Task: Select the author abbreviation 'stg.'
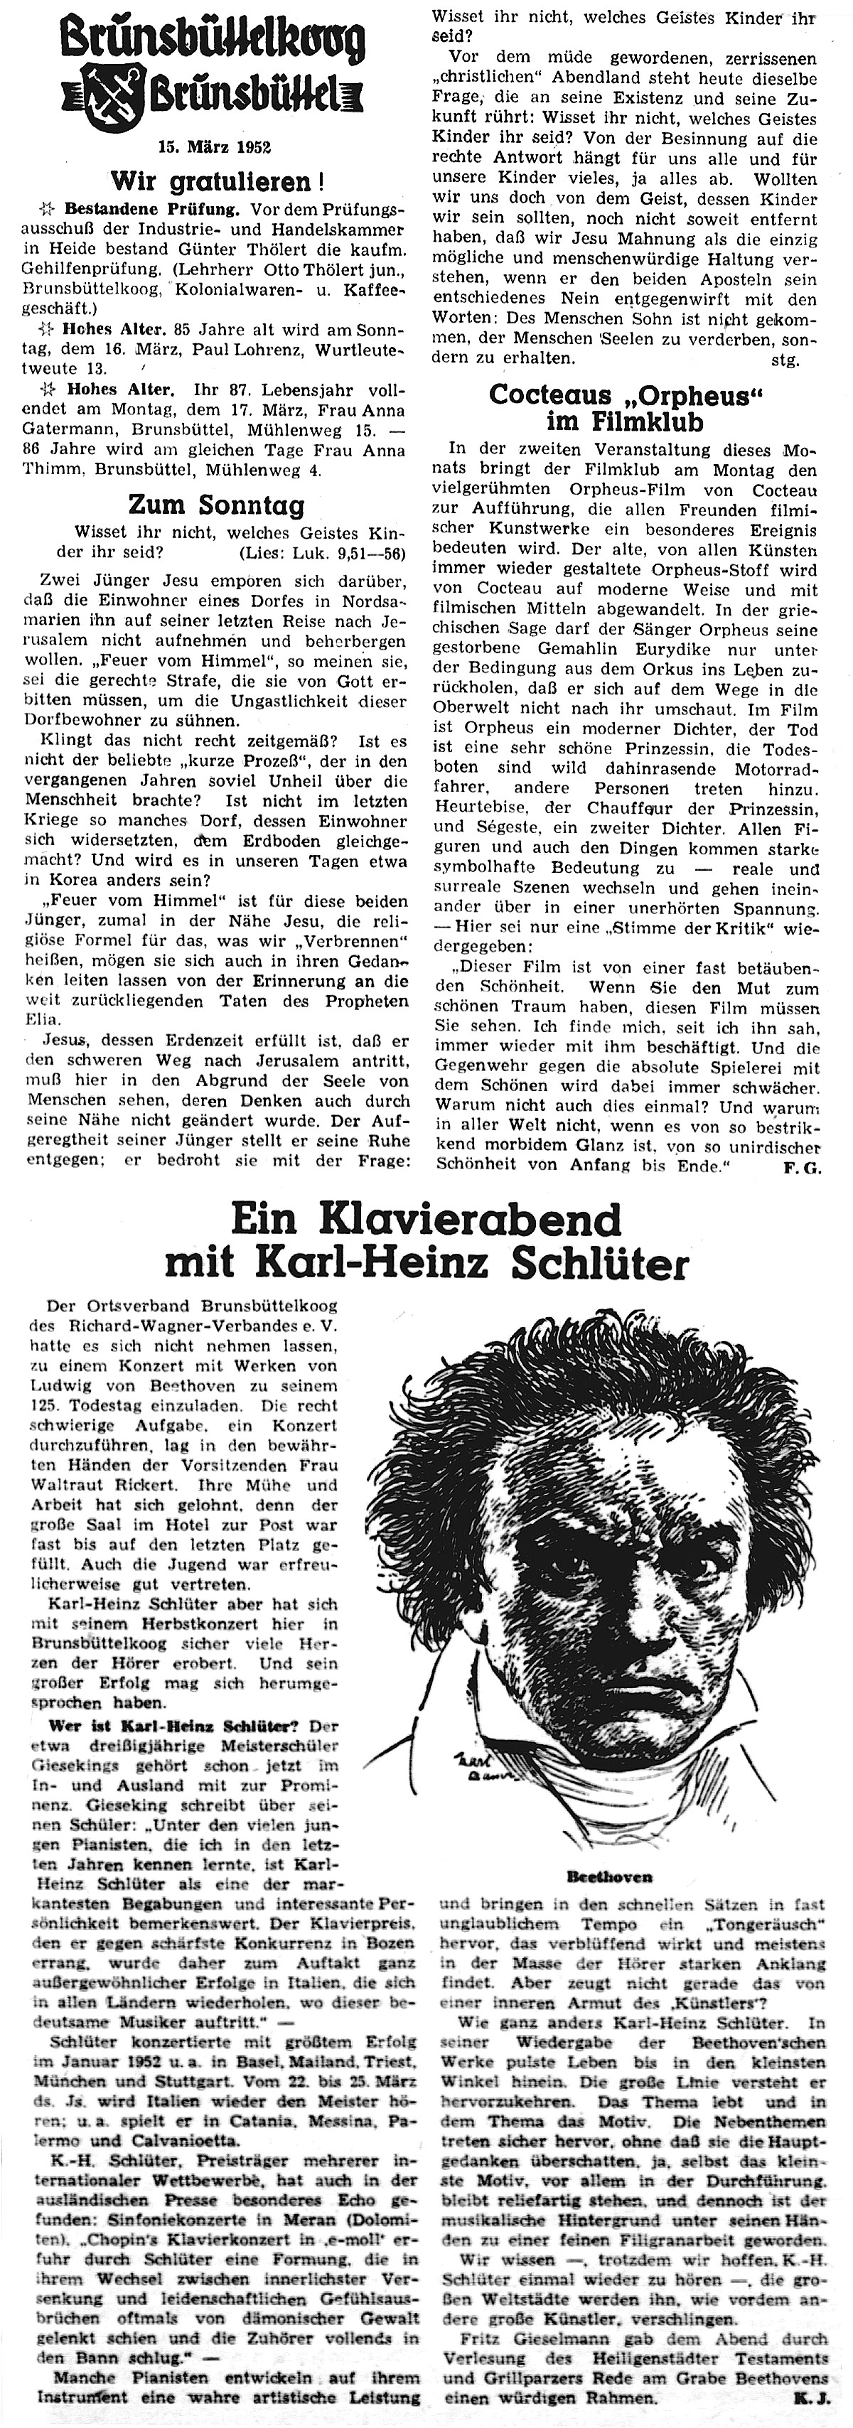point(785,359)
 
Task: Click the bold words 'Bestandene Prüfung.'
point(151,206)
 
